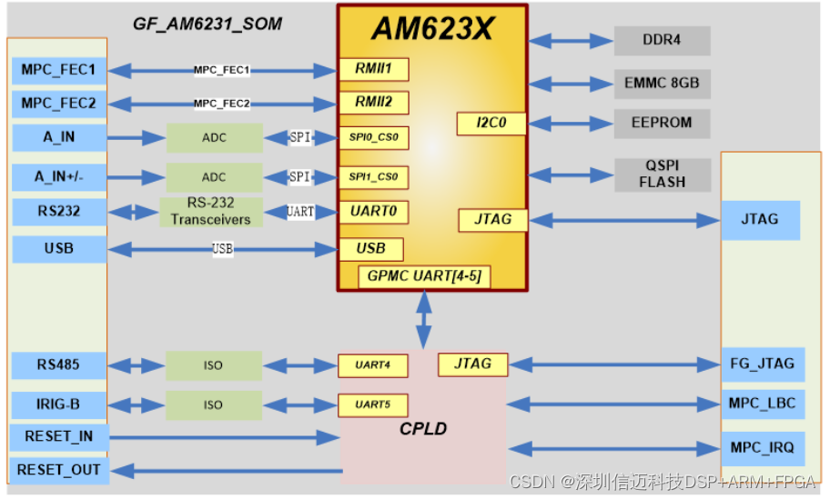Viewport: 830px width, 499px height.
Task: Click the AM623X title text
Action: pyautogui.click(x=432, y=29)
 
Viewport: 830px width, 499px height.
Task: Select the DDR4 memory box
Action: pyautogui.click(x=662, y=40)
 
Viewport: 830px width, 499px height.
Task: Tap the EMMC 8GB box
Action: pyautogui.click(x=662, y=83)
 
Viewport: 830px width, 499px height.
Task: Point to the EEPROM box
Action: pyautogui.click(x=662, y=123)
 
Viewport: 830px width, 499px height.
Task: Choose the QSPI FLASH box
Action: pyautogui.click(x=662, y=174)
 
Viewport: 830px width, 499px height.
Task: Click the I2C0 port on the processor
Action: pyautogui.click(x=491, y=123)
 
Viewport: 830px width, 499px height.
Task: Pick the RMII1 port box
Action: pyautogui.click(x=373, y=69)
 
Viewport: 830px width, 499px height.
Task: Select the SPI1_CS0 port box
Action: pyautogui.click(x=373, y=176)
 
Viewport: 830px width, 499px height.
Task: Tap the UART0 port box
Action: pyautogui.click(x=373, y=212)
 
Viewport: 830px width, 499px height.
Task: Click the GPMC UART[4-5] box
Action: pyautogui.click(x=424, y=275)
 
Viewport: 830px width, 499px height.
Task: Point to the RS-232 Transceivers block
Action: pyautogui.click(x=210, y=212)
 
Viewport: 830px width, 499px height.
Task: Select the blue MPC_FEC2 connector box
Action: pyautogui.click(x=59, y=104)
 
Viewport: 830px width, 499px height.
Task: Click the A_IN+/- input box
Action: pyautogui.click(x=59, y=176)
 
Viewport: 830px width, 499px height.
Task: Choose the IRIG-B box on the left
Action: pyautogui.click(x=59, y=404)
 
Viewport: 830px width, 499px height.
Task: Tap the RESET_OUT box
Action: pyautogui.click(x=59, y=470)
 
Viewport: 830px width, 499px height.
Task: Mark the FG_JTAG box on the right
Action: pyautogui.click(x=763, y=364)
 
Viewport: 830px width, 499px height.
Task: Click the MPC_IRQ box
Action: pyautogui.click(x=763, y=448)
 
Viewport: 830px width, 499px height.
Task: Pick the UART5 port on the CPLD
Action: pyautogui.click(x=373, y=404)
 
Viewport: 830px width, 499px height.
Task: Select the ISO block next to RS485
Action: pyautogui.click(x=213, y=365)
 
